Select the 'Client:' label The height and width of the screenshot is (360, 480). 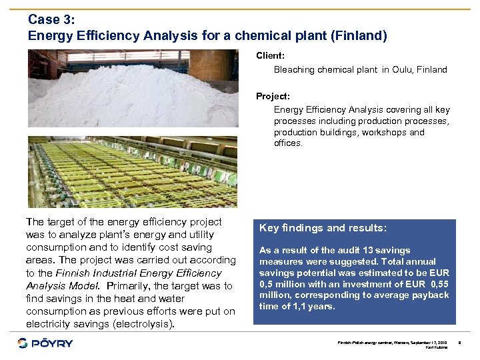pyautogui.click(x=271, y=56)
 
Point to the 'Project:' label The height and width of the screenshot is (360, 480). pyautogui.click(x=273, y=96)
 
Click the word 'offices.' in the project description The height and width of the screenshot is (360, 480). pyautogui.click(x=288, y=143)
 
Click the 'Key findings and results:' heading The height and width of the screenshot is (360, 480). pyautogui.click(x=323, y=228)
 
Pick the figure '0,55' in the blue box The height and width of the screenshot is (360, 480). pyautogui.click(x=437, y=284)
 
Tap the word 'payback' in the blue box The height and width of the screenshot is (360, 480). pyautogui.click(x=431, y=295)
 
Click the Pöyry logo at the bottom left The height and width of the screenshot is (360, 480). pyautogui.click(x=45, y=343)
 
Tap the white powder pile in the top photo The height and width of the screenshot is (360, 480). pyautogui.click(x=127, y=97)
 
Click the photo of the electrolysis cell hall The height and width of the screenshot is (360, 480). pyautogui.click(x=132, y=172)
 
